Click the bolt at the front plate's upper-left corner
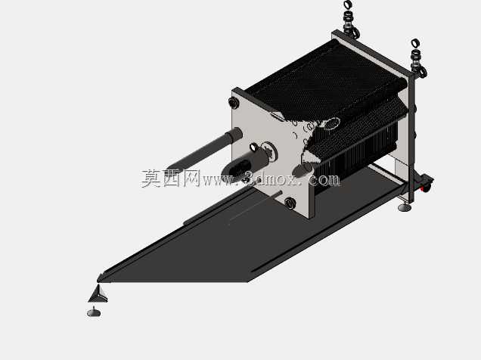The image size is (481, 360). [x=234, y=103]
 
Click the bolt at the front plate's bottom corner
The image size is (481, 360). [x=290, y=203]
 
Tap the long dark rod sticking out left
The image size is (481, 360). [x=205, y=151]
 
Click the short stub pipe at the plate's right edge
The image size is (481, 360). [x=303, y=169]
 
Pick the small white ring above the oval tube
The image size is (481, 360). [x=253, y=147]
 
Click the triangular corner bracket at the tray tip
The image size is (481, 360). [x=98, y=293]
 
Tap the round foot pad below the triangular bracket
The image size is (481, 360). [x=94, y=312]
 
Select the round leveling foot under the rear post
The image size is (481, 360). [x=405, y=206]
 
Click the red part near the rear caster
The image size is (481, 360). [x=424, y=188]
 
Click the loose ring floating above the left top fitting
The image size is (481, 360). [x=348, y=5]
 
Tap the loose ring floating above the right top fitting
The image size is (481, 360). [x=415, y=43]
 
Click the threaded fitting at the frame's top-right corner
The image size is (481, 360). [x=418, y=64]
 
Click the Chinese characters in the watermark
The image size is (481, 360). [x=171, y=178]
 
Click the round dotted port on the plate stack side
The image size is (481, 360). [x=331, y=124]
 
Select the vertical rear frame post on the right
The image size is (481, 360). [x=411, y=135]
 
